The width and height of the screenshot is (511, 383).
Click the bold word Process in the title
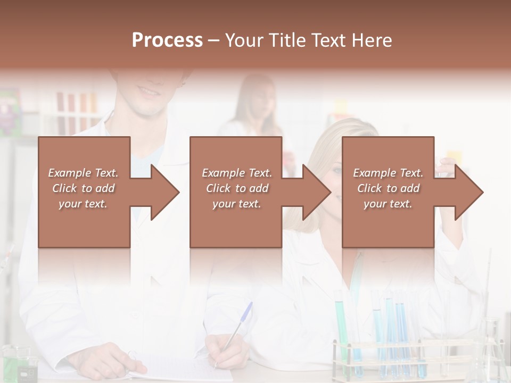coord(167,40)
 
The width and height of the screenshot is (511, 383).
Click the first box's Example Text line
coord(83,173)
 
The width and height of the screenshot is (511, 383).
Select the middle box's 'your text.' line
coord(236,204)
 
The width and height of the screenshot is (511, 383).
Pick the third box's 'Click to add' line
coord(388,188)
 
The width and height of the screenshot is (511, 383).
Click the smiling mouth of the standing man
coord(149,92)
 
